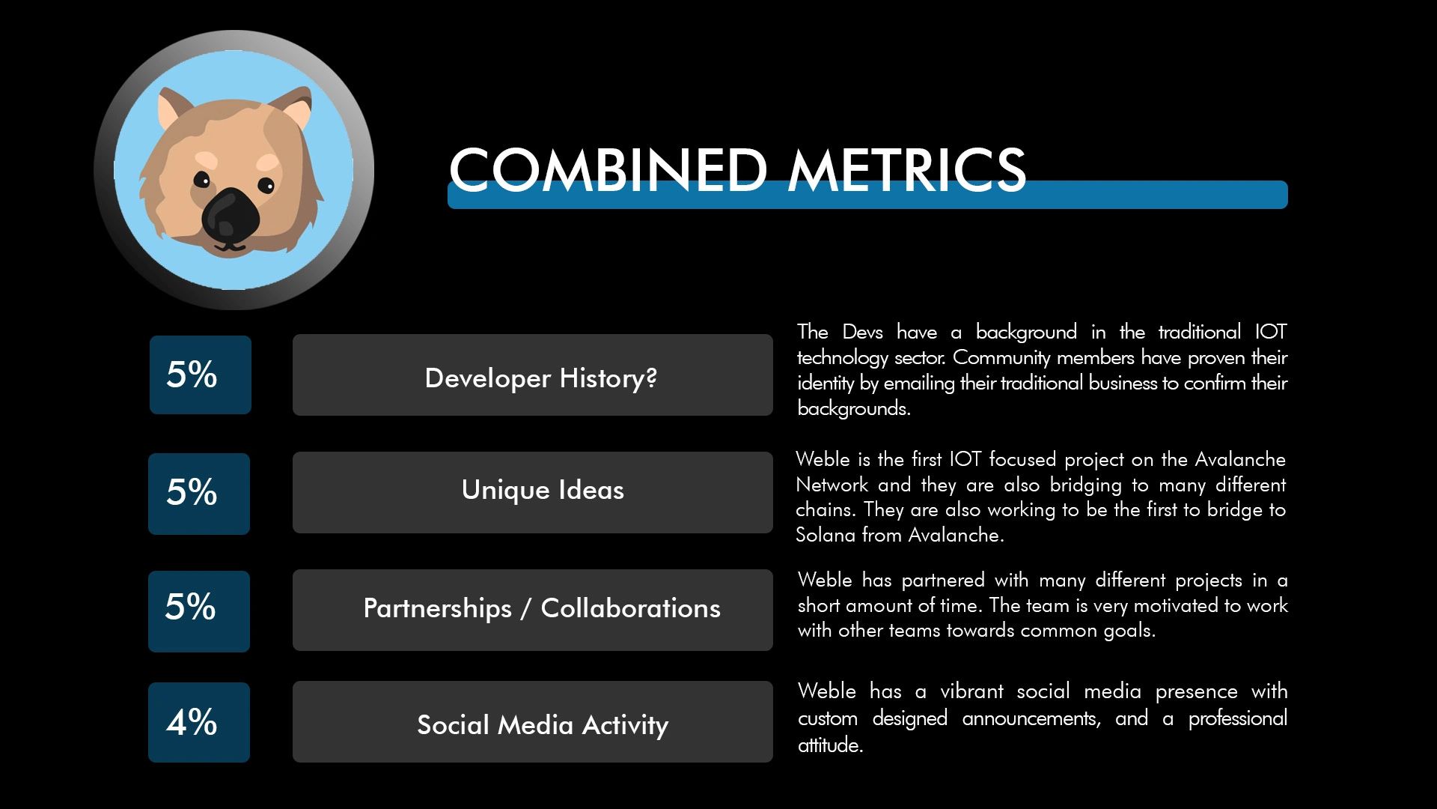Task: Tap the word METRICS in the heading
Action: (907, 170)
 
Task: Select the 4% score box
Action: (199, 722)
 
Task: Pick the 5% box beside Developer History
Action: (201, 375)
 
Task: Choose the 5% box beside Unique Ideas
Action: (199, 494)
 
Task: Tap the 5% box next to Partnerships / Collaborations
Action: (199, 611)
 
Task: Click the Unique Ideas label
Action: (543, 490)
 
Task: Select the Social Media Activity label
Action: (543, 725)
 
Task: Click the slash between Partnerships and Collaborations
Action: (526, 608)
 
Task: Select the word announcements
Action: (1031, 719)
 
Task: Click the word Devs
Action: (862, 332)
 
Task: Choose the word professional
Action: (1238, 719)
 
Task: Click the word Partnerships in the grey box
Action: (437, 609)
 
